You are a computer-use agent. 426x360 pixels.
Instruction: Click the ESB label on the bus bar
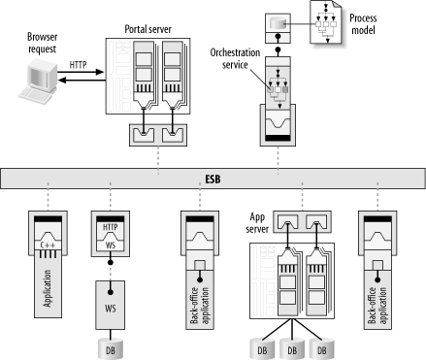point(213,179)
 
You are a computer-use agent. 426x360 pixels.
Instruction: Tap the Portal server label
point(147,29)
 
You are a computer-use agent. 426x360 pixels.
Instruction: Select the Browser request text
point(42,43)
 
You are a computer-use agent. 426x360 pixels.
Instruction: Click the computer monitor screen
point(40,77)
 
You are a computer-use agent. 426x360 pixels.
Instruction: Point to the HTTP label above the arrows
point(78,65)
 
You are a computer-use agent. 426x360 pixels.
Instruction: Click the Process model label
point(363,24)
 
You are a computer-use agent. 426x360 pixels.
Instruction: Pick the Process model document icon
point(326,22)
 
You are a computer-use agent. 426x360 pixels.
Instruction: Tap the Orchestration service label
point(235,58)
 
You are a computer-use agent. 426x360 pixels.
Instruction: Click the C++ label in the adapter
point(48,245)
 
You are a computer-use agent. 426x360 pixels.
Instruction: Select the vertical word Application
point(48,288)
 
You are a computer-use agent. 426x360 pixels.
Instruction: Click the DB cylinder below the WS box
point(111,348)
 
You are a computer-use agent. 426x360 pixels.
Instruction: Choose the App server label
point(257,223)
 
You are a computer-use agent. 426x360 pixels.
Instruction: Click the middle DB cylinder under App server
point(292,348)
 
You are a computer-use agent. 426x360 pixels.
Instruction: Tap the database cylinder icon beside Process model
point(278,23)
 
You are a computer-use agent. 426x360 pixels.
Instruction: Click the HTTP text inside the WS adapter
point(111,227)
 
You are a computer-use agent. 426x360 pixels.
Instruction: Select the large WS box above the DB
point(110,305)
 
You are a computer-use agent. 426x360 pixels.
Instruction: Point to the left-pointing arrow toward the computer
point(82,80)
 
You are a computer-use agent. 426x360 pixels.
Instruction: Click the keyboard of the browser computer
point(35,95)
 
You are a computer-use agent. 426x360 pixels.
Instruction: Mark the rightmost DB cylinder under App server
point(322,348)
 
